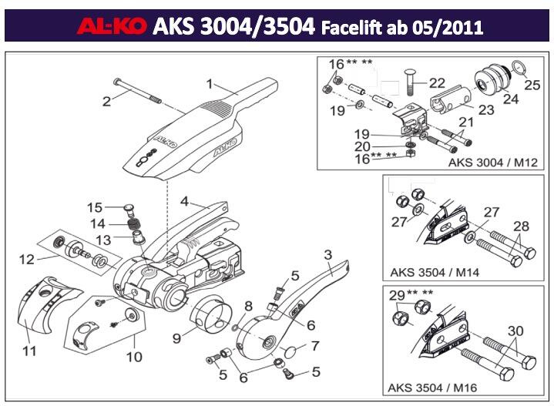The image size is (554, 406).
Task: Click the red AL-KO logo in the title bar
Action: click(x=111, y=28)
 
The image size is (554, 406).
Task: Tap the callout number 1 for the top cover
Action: click(x=209, y=83)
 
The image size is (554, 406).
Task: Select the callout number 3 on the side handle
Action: click(x=327, y=255)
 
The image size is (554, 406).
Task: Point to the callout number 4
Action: click(x=184, y=201)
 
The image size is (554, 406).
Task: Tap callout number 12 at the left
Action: click(x=27, y=260)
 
